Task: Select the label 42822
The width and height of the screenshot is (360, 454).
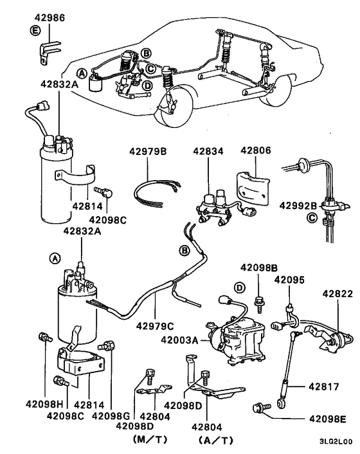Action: pos(337,293)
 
